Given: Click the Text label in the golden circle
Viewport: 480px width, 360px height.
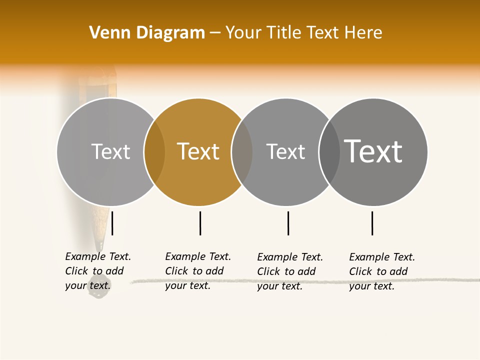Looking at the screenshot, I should click(x=198, y=151).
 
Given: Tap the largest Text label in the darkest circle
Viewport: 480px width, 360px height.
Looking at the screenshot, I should click(x=373, y=151).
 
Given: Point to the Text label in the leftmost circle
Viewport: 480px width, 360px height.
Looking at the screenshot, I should click(x=110, y=151).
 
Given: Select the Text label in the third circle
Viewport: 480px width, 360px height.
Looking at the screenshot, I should click(x=285, y=151).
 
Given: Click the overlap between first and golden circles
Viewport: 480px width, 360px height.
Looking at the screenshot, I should click(x=154, y=152).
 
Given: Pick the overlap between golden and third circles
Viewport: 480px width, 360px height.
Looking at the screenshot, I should click(x=242, y=152).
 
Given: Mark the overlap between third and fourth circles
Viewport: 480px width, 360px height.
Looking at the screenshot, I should click(x=329, y=152).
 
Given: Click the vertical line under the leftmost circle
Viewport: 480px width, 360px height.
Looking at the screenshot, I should click(x=112, y=223).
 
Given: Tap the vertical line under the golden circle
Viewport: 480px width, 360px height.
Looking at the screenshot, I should click(x=200, y=223).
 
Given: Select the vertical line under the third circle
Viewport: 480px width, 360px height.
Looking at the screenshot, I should click(x=288, y=223).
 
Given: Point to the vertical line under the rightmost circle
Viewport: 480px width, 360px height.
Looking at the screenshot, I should click(x=372, y=223).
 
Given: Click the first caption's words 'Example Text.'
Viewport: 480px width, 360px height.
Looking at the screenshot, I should click(x=98, y=256).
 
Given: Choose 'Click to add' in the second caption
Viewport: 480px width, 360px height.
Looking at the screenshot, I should click(x=194, y=271).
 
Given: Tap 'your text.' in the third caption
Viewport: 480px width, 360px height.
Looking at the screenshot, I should click(x=279, y=286).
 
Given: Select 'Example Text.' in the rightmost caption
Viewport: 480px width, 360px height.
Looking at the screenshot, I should click(x=382, y=257).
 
